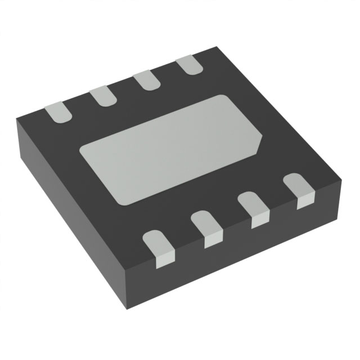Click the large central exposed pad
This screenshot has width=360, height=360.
click(172, 149)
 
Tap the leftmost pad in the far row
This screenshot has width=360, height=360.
click(59, 112)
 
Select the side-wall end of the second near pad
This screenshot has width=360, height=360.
click(211, 240)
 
